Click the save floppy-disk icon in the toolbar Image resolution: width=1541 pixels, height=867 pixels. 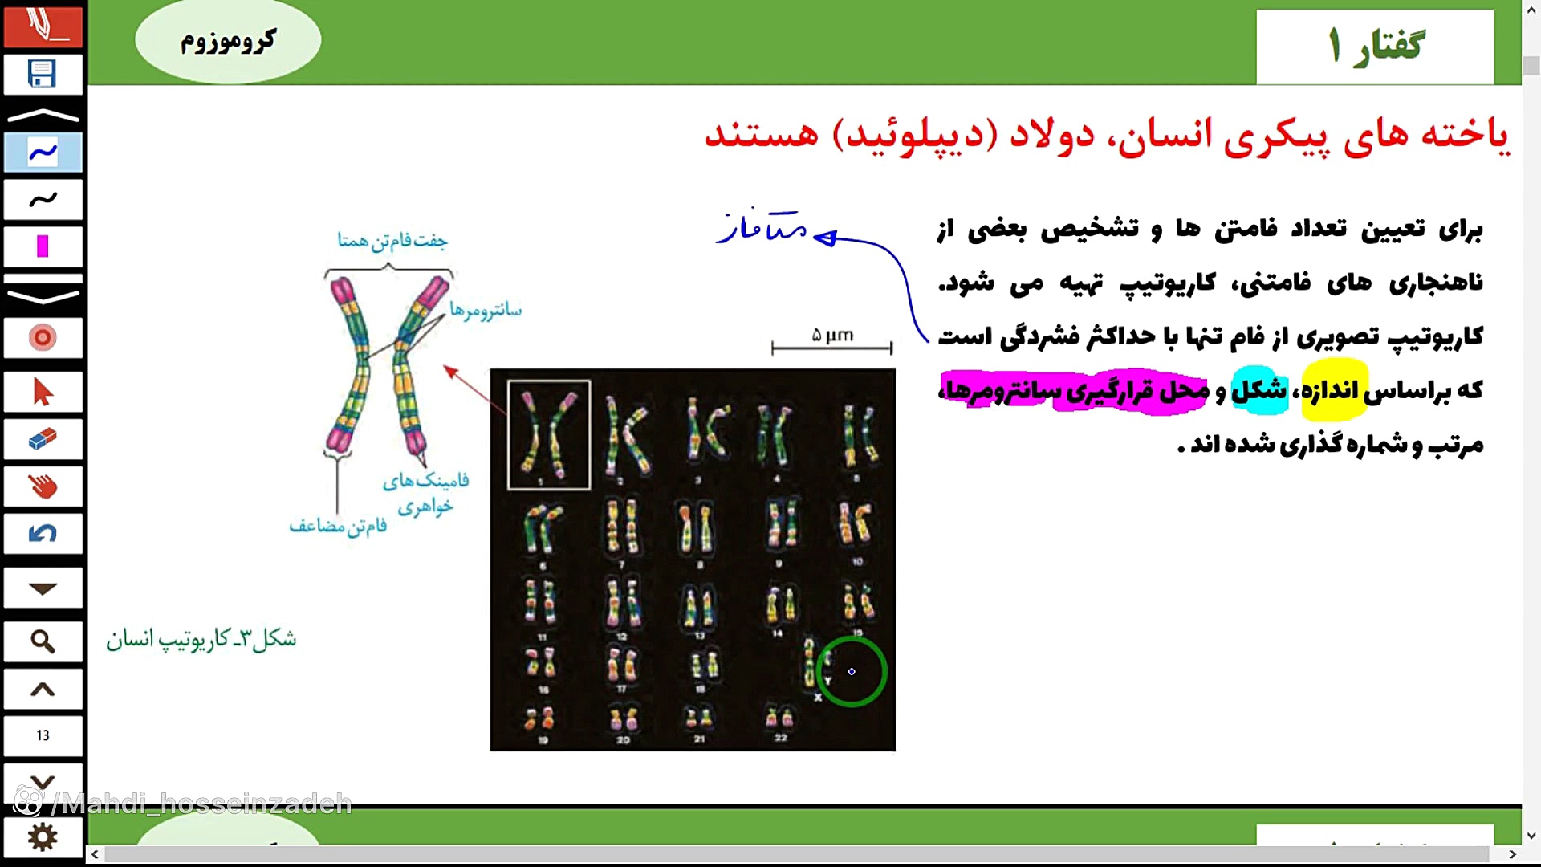[x=43, y=74]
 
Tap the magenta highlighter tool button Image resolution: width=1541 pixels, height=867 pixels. [x=43, y=246]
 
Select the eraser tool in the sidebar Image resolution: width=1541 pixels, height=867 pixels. [x=43, y=439]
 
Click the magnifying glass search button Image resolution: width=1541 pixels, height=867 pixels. [x=43, y=641]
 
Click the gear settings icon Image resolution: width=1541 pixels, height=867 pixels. [x=43, y=837]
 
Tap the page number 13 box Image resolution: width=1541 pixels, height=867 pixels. [x=43, y=735]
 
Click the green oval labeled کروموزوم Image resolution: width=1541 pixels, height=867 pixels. [x=228, y=40]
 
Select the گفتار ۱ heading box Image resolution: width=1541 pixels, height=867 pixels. [x=1374, y=46]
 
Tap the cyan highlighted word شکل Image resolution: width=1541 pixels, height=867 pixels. [x=1258, y=391]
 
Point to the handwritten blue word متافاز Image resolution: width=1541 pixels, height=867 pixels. [x=762, y=228]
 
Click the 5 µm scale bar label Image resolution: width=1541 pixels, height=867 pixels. [x=832, y=335]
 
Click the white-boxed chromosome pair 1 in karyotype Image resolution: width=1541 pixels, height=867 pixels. [x=549, y=434]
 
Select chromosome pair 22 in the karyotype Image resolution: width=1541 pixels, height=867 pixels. [x=779, y=718]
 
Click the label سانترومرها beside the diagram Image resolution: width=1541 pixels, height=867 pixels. [x=485, y=310]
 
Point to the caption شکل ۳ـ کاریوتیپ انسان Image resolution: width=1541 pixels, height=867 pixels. [x=201, y=639]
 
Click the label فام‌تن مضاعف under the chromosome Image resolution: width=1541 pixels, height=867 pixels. [x=338, y=526]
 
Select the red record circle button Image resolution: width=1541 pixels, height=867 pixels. [x=43, y=338]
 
